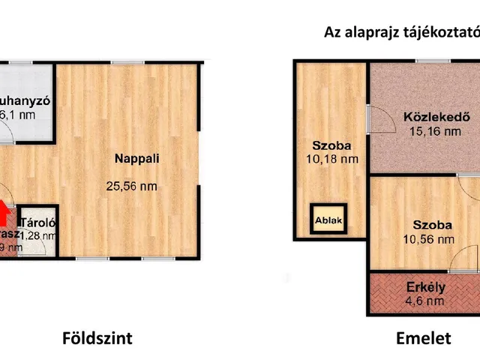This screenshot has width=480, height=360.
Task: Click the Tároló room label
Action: point(39,223)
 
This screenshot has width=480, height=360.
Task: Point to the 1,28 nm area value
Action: point(39,235)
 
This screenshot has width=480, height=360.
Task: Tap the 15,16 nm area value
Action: point(434,131)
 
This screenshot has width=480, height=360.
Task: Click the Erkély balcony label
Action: point(426,286)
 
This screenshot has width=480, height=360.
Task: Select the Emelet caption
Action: point(424,338)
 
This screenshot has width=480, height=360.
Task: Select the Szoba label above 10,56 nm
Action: point(431,225)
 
